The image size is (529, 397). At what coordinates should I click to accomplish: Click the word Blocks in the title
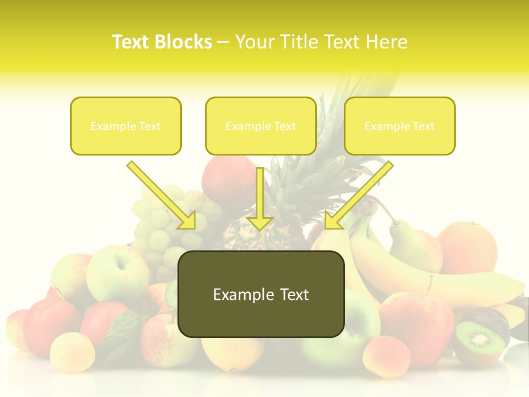(x=183, y=42)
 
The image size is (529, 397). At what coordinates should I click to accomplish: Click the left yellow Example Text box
(x=126, y=126)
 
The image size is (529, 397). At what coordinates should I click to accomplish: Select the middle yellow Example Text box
(x=261, y=126)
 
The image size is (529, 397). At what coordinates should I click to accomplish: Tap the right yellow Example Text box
(x=400, y=126)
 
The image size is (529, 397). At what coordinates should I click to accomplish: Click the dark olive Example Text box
(x=261, y=294)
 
